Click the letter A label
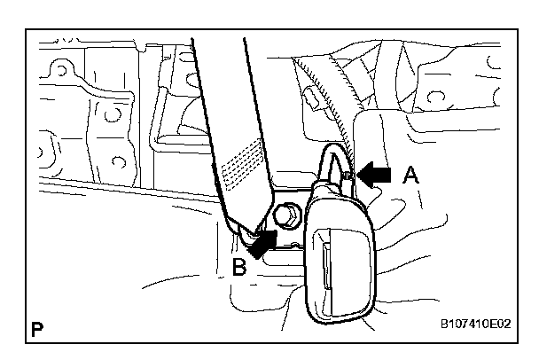click(410, 176)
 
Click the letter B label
click(238, 266)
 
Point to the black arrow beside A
click(373, 176)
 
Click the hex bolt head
click(287, 214)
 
